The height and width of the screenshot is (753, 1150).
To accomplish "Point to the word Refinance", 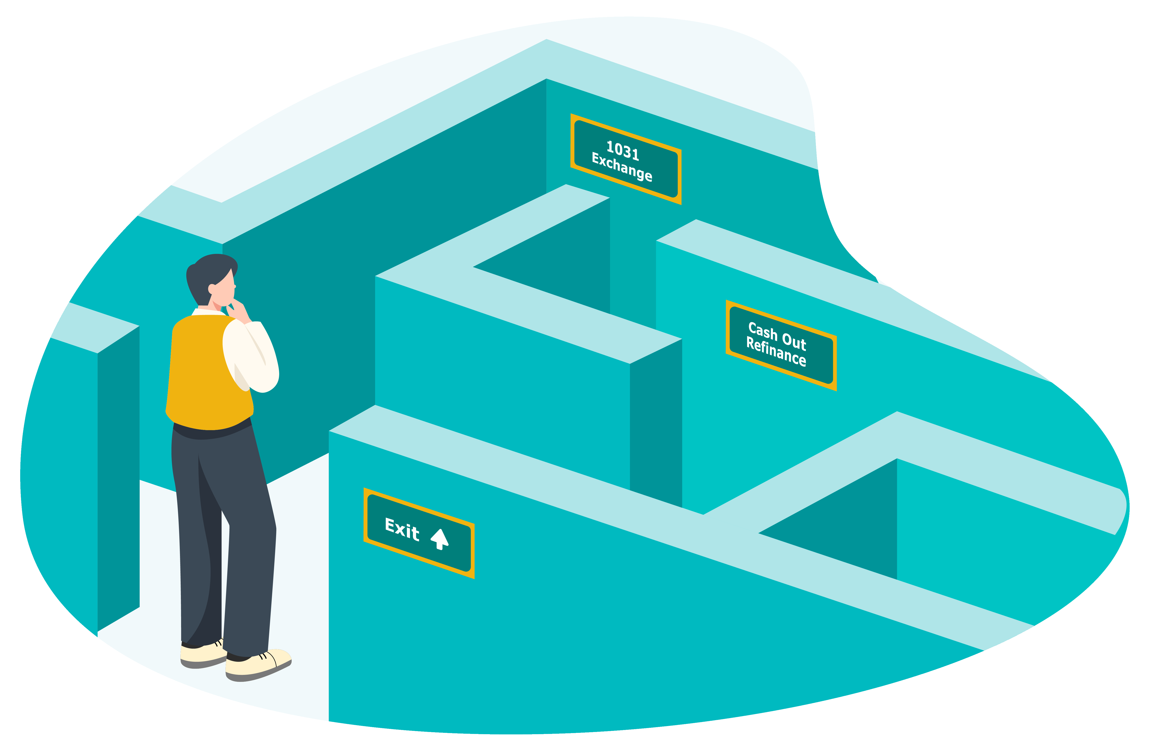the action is pyautogui.click(x=776, y=351).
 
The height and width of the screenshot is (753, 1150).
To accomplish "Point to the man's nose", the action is pyautogui.click(x=235, y=286).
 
